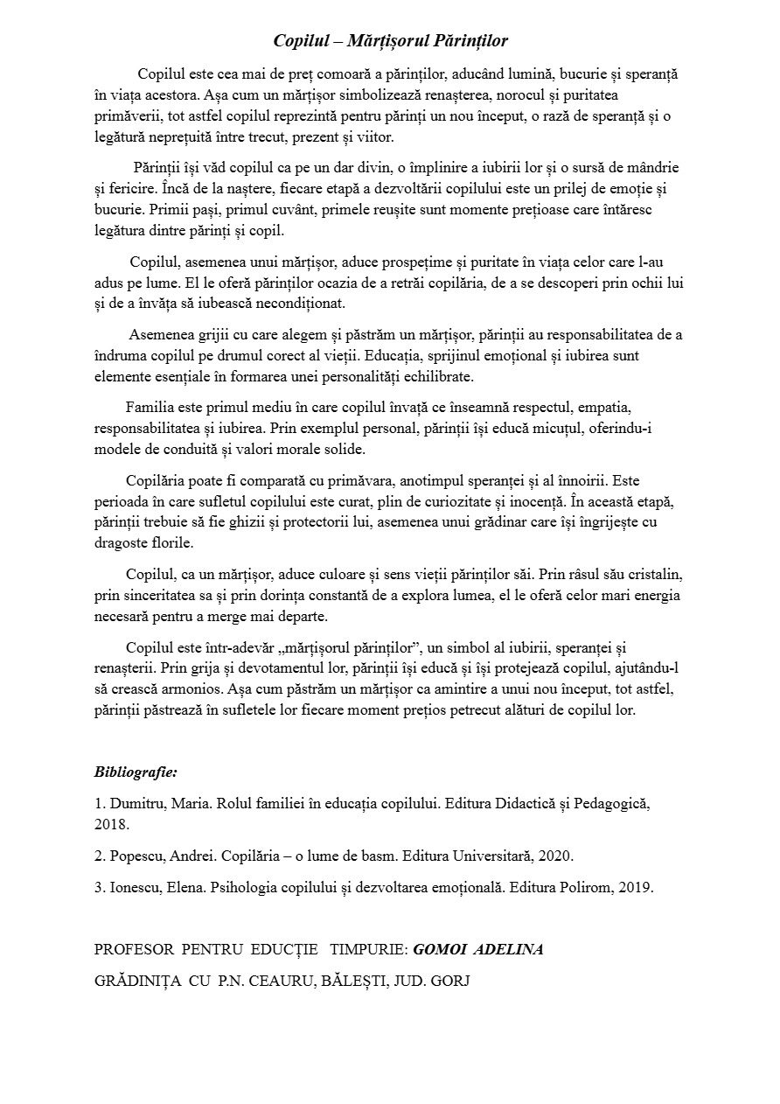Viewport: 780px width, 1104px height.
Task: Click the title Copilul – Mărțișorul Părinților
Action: pyautogui.click(x=390, y=41)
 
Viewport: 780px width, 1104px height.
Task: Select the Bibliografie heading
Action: pyautogui.click(x=136, y=772)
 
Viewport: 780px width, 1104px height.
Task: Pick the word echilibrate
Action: pyautogui.click(x=429, y=376)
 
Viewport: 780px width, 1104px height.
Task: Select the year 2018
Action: pyautogui.click(x=111, y=825)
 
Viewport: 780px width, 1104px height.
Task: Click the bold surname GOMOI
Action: pyautogui.click(x=439, y=950)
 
